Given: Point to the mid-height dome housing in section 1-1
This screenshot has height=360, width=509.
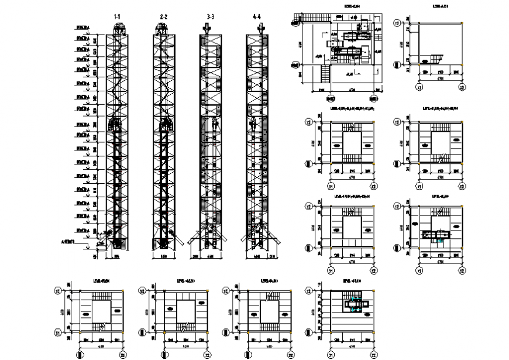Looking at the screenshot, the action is pyautogui.click(x=116, y=124).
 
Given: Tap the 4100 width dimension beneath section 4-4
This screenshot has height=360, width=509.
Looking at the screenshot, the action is pyautogui.click(x=259, y=255).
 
